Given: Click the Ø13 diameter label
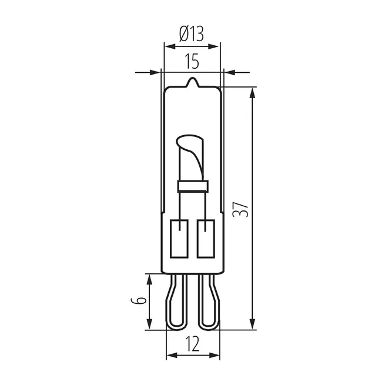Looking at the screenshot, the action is tap(191, 34).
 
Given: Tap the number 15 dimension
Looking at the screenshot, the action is tap(192, 61).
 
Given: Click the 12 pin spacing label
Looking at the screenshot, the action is tap(192, 344).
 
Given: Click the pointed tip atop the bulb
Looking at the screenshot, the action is tap(193, 78).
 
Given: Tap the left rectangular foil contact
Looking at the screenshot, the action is tap(179, 239).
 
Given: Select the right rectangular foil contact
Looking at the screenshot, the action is tap(206, 239).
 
